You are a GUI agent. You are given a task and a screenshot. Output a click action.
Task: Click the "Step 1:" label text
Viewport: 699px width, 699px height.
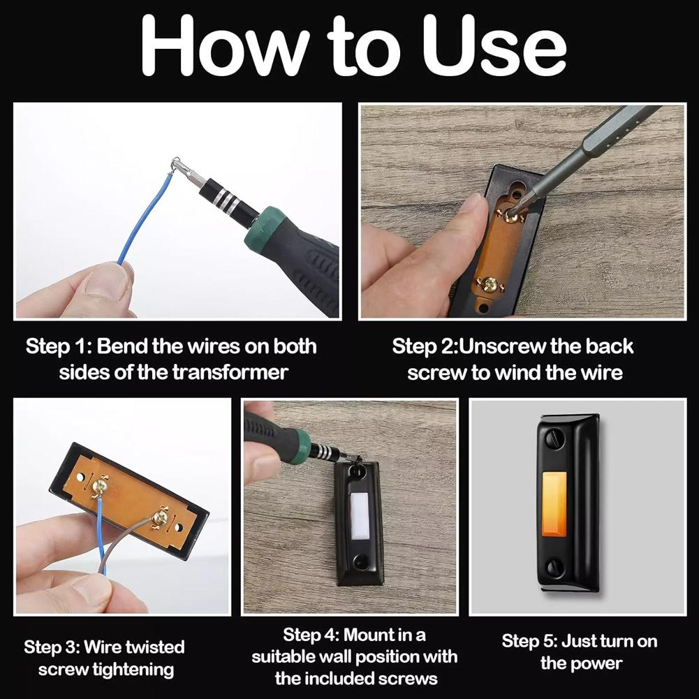point(59,346)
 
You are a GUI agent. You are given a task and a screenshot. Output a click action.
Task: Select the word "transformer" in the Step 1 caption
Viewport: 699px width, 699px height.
point(230,372)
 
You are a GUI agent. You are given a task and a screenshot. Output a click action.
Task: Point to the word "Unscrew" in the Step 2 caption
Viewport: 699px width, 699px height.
point(502,346)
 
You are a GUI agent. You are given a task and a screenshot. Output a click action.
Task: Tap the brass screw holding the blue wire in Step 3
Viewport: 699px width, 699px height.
point(101,486)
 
